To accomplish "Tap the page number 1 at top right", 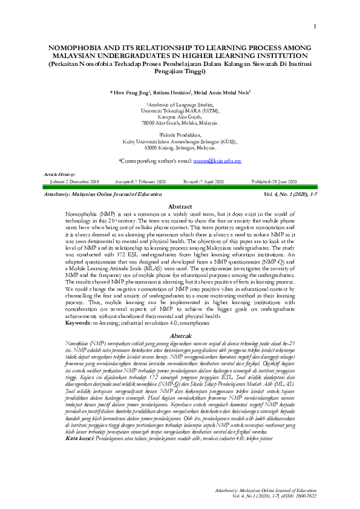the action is point(315,26).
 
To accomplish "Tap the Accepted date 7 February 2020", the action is point(148,181).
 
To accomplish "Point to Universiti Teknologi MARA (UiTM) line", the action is point(180,111).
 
